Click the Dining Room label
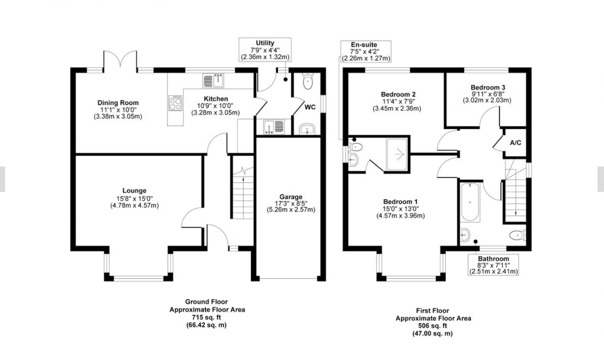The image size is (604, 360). [118, 103]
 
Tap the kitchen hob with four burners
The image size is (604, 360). [175, 103]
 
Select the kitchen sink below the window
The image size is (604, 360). [213, 80]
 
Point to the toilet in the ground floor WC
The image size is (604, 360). [308, 81]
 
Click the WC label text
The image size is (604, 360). [310, 107]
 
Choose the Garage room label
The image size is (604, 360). [291, 197]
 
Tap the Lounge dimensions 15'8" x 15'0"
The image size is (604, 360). [134, 199]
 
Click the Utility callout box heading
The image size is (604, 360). [265, 43]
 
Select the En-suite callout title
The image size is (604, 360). [364, 45]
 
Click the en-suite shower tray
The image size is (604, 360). [397, 154]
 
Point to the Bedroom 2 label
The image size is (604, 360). [398, 94]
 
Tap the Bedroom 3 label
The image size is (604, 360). [488, 87]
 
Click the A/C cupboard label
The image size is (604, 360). [516, 143]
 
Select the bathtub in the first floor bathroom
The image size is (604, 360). [470, 202]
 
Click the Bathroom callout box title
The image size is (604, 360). [493, 259]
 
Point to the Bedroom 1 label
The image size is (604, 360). [400, 202]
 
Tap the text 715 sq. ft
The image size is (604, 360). [206, 317]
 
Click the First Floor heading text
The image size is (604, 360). [433, 310]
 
